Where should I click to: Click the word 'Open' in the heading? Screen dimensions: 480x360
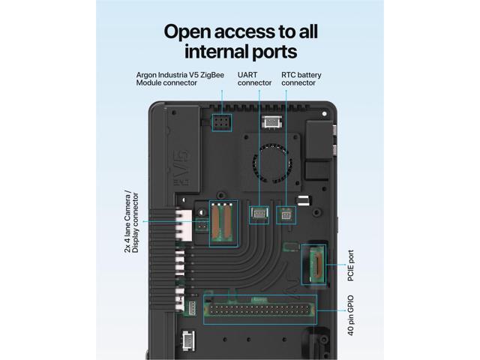190,32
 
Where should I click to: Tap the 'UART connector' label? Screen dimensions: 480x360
255,79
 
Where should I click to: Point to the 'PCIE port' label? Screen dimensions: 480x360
351,266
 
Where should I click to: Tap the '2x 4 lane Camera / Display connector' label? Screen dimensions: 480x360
131,222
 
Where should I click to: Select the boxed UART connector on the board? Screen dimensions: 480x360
259,214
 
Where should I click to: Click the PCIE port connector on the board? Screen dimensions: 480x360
313,264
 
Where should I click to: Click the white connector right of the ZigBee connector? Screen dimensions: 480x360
271,121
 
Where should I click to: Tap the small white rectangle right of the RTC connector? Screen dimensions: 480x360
304,201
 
